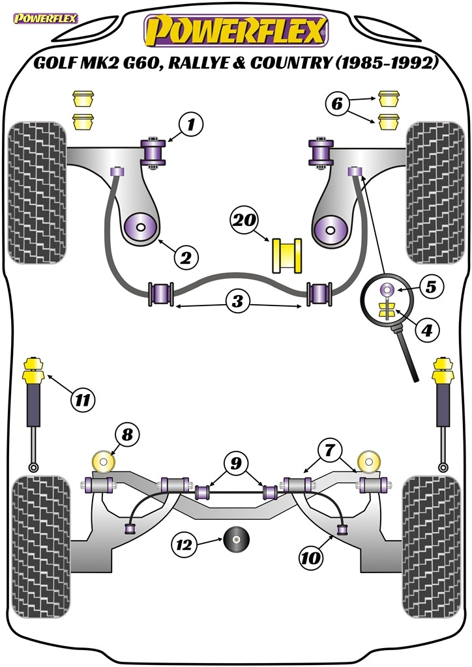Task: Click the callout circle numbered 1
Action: point(191,124)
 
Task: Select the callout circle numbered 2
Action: point(186,257)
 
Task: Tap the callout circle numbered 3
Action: point(237,301)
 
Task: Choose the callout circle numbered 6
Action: point(336,104)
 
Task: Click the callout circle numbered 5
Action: point(431,287)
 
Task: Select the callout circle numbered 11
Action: point(83,400)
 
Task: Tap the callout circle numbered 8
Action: point(128,434)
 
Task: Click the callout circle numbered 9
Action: point(236,464)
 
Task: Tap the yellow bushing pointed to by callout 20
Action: point(287,255)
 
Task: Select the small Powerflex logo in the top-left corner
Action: point(46,18)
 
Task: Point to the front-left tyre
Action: point(37,193)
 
